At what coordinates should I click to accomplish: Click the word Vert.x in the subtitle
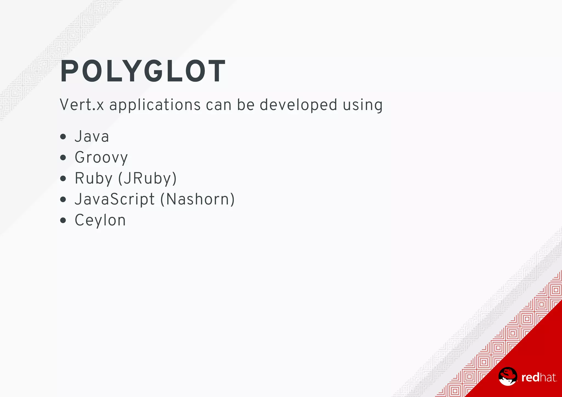pyautogui.click(x=82, y=105)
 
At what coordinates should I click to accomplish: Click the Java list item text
pyautogui.click(x=92, y=137)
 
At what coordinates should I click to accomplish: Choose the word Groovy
pyautogui.click(x=101, y=158)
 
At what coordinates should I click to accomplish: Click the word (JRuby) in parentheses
pyautogui.click(x=148, y=179)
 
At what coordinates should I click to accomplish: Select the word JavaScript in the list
pyautogui.click(x=115, y=199)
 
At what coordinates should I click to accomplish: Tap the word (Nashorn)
pyautogui.click(x=198, y=199)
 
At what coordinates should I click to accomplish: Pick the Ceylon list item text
pyautogui.click(x=100, y=220)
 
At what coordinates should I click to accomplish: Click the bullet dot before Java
pyautogui.click(x=63, y=137)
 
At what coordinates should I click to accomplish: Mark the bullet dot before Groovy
pyautogui.click(x=63, y=158)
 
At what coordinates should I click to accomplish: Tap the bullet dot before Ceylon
pyautogui.click(x=63, y=220)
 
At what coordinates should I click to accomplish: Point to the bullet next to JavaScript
pyautogui.click(x=63, y=199)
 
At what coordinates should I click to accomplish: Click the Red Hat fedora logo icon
pyautogui.click(x=508, y=376)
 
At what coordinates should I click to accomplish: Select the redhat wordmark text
pyautogui.click(x=539, y=378)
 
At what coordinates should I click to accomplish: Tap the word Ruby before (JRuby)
pyautogui.click(x=94, y=179)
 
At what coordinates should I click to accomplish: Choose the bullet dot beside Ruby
pyautogui.click(x=63, y=179)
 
